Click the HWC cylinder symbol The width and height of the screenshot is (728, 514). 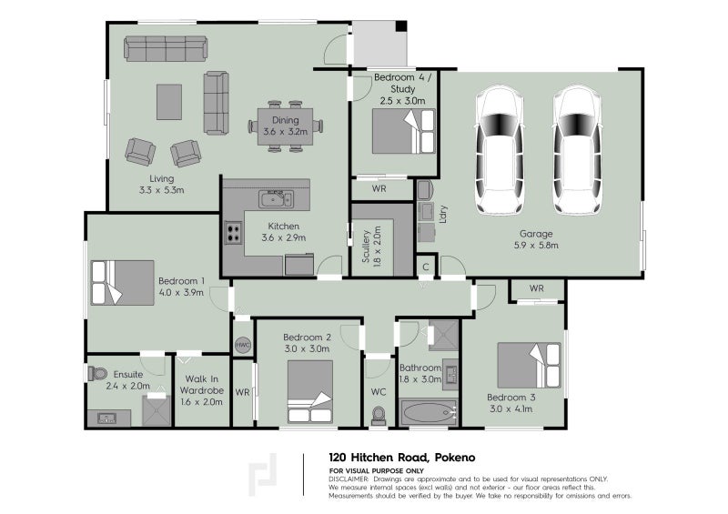click(242, 345)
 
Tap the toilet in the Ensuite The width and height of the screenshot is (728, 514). click(97, 373)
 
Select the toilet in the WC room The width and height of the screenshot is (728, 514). click(379, 416)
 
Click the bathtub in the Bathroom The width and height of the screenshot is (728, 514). click(428, 412)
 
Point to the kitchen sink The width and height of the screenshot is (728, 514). click(276, 199)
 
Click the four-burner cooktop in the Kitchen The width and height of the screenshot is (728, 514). click(233, 233)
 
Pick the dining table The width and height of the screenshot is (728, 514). click(285, 126)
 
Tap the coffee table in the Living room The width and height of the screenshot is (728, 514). click(169, 102)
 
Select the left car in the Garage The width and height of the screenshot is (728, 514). click(500, 149)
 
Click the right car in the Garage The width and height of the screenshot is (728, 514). click(578, 149)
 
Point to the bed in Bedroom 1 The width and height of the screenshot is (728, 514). click(123, 282)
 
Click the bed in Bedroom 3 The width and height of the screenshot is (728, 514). click(529, 366)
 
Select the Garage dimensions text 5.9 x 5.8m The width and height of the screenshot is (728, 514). click(536, 245)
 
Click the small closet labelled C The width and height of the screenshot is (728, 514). click(426, 267)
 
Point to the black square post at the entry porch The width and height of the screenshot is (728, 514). click(401, 26)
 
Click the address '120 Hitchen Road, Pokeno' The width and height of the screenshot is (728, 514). click(402, 458)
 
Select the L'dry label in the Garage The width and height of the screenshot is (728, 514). click(443, 214)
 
